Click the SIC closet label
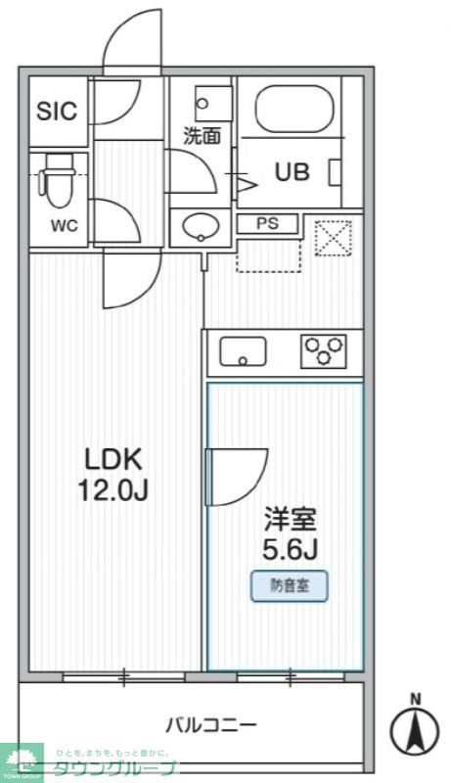point(57,112)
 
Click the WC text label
point(64,226)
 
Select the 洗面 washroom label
point(203,136)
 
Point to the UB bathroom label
point(292,172)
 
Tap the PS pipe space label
point(268,223)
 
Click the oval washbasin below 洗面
point(202,227)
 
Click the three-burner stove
point(325,350)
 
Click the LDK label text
point(113,458)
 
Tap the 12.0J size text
point(113,488)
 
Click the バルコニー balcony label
point(210,725)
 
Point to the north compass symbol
point(415,726)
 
